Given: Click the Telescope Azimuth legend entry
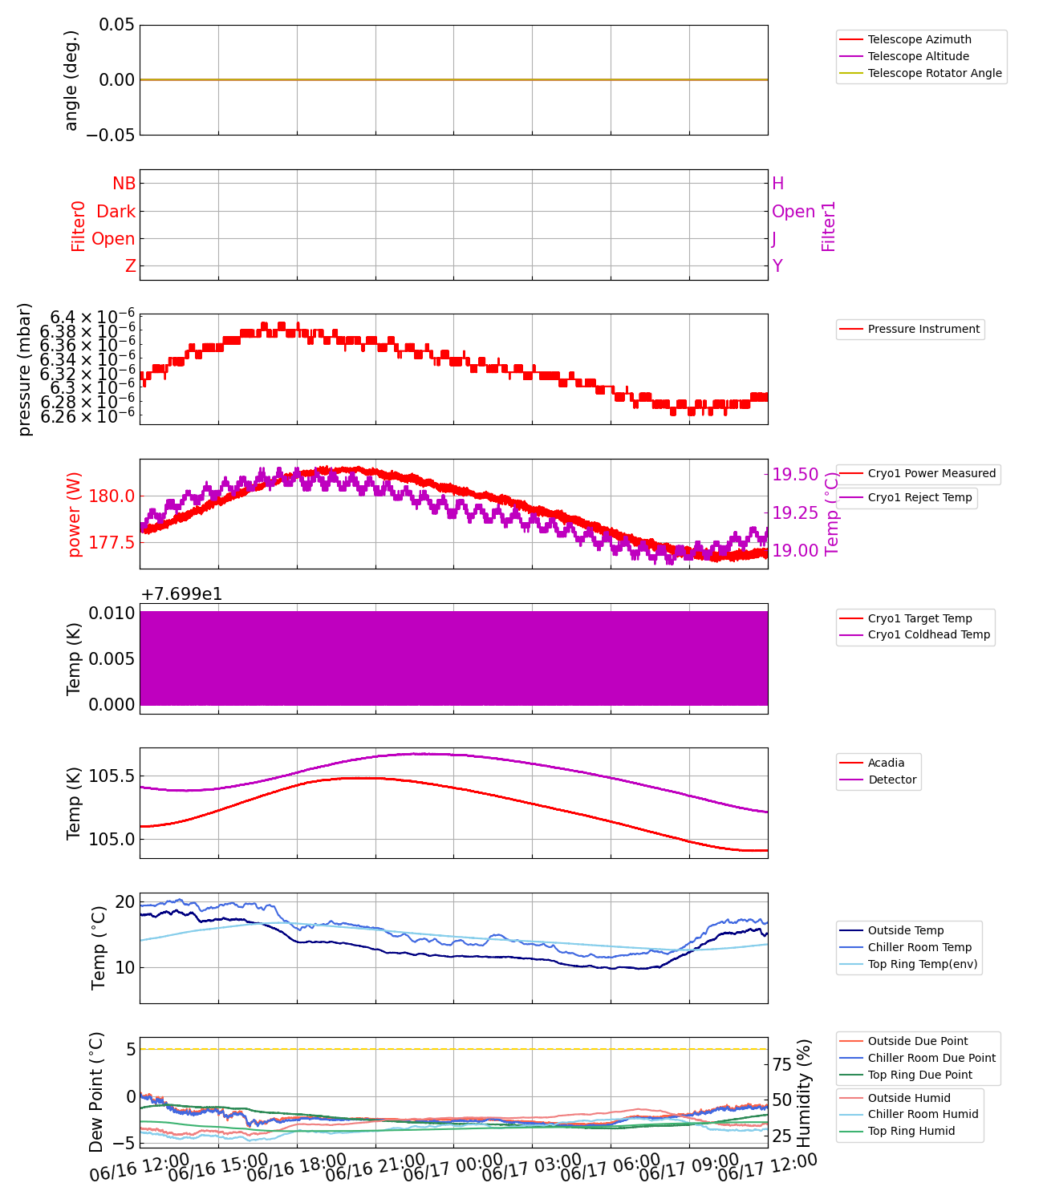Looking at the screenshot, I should click(x=919, y=39).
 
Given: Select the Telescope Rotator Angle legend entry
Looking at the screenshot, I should click(x=935, y=73).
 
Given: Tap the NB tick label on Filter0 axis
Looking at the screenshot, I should click(x=124, y=184).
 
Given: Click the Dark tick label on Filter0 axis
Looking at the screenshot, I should click(x=116, y=212).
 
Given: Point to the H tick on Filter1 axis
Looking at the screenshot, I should click(x=777, y=184).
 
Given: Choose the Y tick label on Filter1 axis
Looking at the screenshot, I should click(x=777, y=266).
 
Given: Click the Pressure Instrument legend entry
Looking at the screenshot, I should click(x=923, y=329).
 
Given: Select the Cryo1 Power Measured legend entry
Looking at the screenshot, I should click(x=931, y=473).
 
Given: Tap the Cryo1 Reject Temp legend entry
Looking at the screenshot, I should click(x=919, y=497).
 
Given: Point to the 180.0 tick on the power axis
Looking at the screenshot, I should click(x=112, y=496).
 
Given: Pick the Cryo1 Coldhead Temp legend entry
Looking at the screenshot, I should click(x=929, y=634).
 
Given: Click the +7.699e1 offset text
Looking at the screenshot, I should click(x=181, y=594).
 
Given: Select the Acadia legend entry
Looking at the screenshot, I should click(x=886, y=763).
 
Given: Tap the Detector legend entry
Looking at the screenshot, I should click(x=892, y=780).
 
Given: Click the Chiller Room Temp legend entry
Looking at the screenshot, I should click(x=919, y=947).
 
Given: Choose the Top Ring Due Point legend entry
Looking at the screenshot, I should click(x=919, y=1075).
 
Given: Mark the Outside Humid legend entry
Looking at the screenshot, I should click(x=909, y=1098).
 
